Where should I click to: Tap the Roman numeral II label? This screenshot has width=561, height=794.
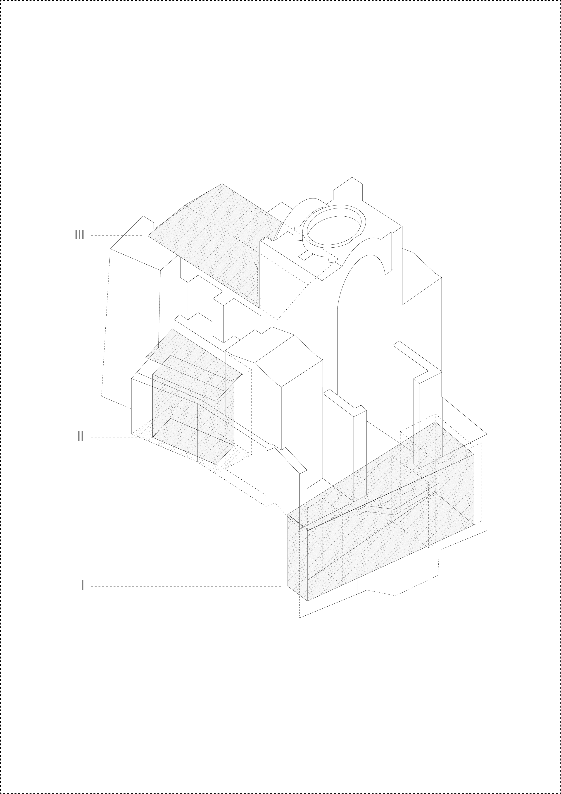[x=80, y=436]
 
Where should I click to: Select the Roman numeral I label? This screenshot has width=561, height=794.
[x=82, y=585]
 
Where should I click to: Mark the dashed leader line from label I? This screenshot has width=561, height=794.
[x=186, y=586]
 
